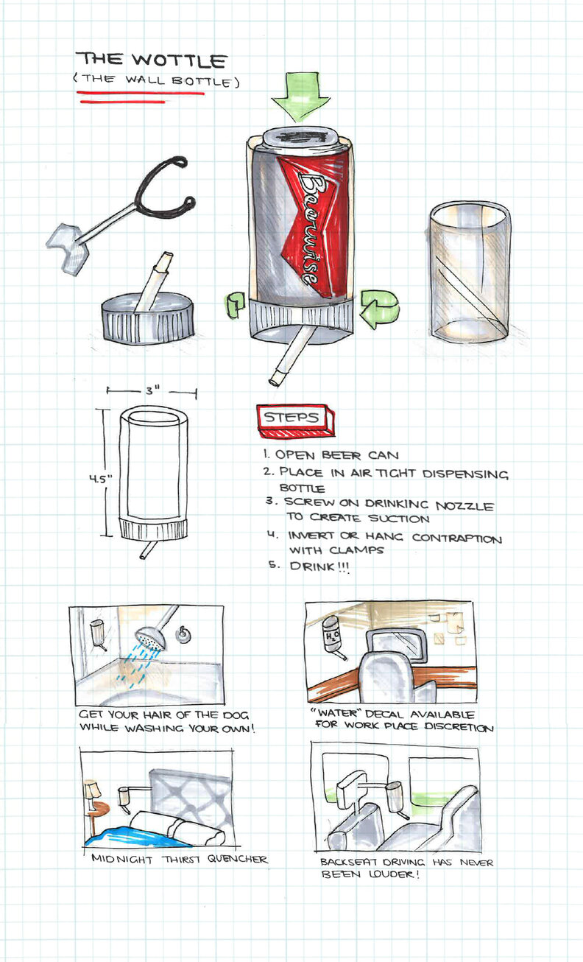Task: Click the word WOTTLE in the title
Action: tap(179, 60)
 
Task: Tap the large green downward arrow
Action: tap(300, 97)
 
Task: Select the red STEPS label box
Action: tap(295, 421)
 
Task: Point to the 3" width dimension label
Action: tap(152, 390)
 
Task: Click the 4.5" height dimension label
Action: tap(100, 479)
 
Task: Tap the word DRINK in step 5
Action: tap(312, 566)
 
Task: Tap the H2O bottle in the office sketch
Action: tap(331, 636)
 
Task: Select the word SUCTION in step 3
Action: tap(399, 519)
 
